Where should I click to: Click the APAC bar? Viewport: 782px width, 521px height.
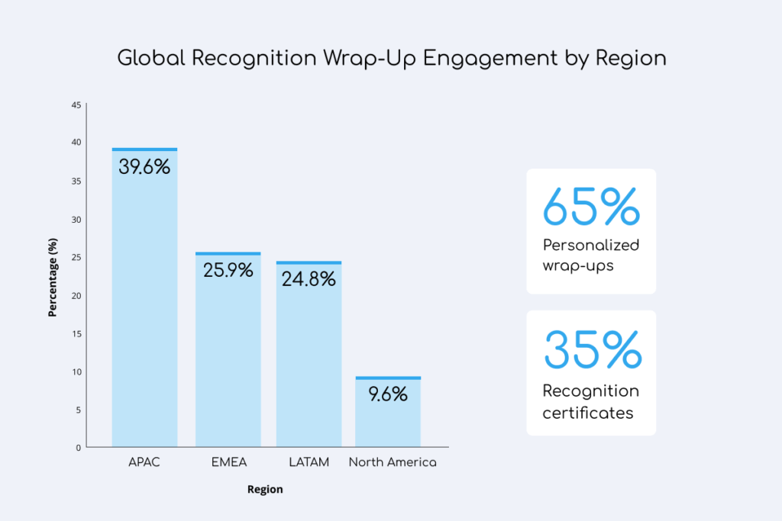coord(144,305)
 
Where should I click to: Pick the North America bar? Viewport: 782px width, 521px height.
coord(388,416)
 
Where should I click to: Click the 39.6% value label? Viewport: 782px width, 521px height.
coord(144,167)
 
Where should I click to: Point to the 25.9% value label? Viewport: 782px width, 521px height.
coord(228,270)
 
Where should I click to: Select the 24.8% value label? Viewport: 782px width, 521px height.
coord(309,279)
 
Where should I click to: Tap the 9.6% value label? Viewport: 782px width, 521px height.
coord(388,394)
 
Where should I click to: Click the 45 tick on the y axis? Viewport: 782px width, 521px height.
coord(76,105)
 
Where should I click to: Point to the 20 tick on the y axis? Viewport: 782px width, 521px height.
coord(76,295)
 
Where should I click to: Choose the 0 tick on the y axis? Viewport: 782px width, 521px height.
coord(78,448)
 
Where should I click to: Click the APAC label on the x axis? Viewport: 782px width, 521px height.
coord(144,463)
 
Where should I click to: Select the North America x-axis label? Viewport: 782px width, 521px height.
coord(393,463)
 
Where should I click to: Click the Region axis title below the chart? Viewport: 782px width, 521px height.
coord(265,490)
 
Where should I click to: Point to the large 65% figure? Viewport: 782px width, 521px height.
coord(590,207)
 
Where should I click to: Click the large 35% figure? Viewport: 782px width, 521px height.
coord(592,350)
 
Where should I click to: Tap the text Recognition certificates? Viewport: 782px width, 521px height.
coord(590,402)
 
